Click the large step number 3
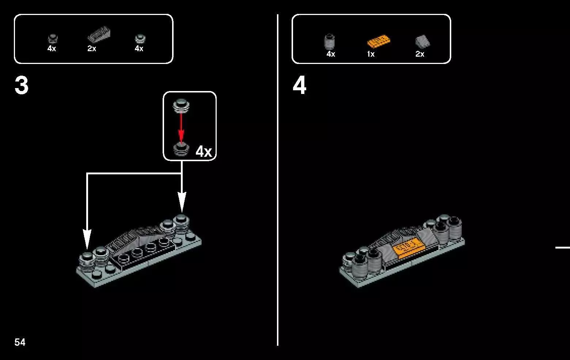coord(22,85)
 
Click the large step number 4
coord(300,85)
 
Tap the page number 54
coord(20,342)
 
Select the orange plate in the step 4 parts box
coord(379,41)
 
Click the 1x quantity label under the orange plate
coord(371,54)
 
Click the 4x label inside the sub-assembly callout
coord(204,152)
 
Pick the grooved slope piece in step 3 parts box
coord(99,34)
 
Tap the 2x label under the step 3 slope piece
coord(92,48)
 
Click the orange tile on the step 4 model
coord(408,248)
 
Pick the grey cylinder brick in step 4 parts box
coord(330,41)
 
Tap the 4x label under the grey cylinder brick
coord(331,54)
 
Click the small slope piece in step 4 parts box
coord(422,42)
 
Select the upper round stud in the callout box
coord(181,105)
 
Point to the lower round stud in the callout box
coord(181,149)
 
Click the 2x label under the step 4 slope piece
coord(420,54)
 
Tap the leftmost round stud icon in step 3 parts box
coord(53,39)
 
